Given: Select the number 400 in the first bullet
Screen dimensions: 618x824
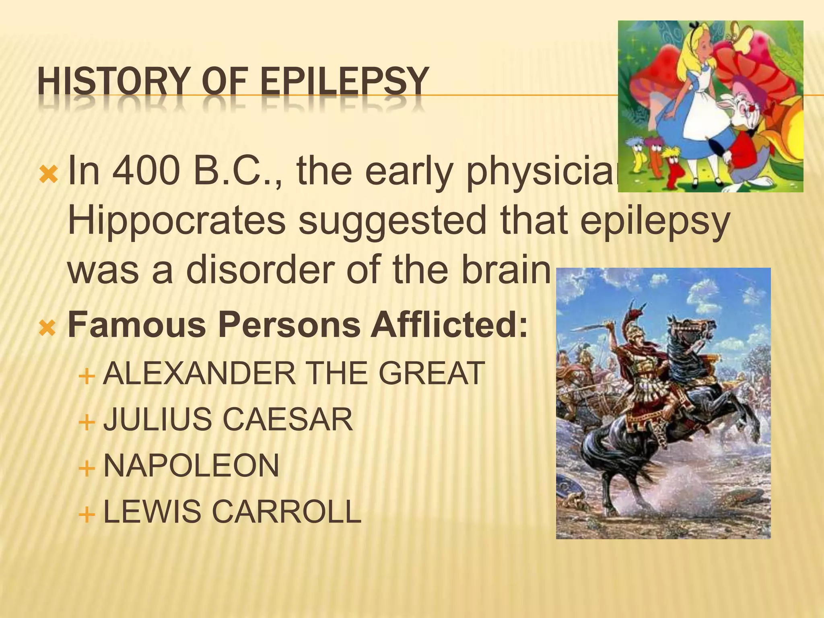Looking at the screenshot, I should pyautogui.click(x=146, y=172).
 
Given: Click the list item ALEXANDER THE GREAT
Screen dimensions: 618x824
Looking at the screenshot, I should pyautogui.click(x=294, y=373).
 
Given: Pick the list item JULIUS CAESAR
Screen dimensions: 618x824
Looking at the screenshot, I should pyautogui.click(x=228, y=420).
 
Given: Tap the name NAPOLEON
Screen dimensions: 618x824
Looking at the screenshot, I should pyautogui.click(x=191, y=466).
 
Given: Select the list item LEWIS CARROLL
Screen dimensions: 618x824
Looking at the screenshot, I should pyautogui.click(x=232, y=512).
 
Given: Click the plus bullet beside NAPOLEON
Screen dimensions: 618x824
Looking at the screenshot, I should pyautogui.click(x=87, y=468).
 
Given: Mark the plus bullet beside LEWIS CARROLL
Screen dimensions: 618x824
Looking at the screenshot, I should pyautogui.click(x=87, y=514).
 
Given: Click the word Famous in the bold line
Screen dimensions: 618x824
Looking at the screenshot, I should pyautogui.click(x=137, y=325).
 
